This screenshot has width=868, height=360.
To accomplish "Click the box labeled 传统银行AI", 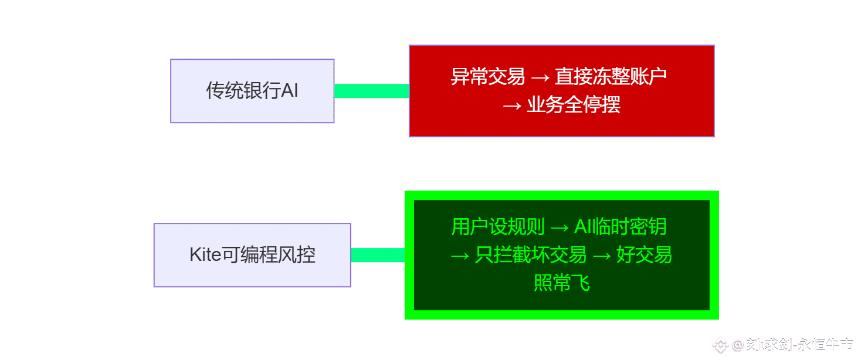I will (x=252, y=91).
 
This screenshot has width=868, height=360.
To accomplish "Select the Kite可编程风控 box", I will (x=252, y=255).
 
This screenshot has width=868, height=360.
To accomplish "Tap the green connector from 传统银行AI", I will (x=371, y=91).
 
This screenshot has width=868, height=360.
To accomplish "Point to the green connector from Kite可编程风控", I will (x=378, y=255).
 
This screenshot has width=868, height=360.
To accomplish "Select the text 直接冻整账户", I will (x=611, y=77).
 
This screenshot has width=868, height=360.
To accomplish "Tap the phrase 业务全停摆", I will (x=574, y=106).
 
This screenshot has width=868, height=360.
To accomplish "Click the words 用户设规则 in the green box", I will (x=498, y=227).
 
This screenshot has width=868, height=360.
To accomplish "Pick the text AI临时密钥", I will (x=621, y=227).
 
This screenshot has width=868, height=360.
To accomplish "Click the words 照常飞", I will (x=562, y=284).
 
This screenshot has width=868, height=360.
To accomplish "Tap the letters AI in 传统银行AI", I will (x=290, y=91).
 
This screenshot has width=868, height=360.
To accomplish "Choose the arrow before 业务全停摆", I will (x=512, y=106).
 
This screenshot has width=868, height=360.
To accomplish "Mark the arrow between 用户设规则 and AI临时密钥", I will (x=560, y=227).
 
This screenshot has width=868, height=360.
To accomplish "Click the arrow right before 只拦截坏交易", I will (x=460, y=256).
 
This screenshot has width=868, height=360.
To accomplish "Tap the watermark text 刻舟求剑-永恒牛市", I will (x=799, y=344).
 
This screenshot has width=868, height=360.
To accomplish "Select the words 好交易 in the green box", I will (x=644, y=256).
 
